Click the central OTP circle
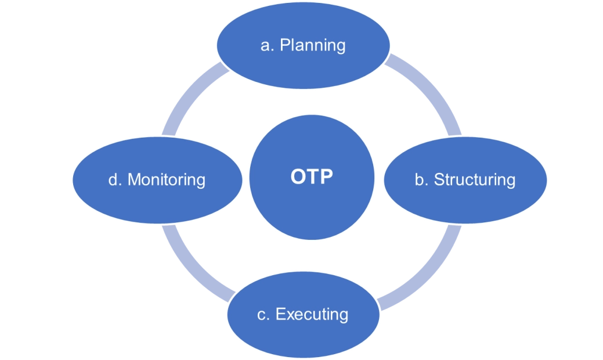[x=312, y=203]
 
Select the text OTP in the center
[x=312, y=177]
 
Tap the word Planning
[x=313, y=45]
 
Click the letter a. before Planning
[x=267, y=45]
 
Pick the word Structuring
[x=475, y=179]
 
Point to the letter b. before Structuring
[x=421, y=179]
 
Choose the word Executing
[x=312, y=314]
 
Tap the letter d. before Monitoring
[x=114, y=179]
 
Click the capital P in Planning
[x=285, y=45]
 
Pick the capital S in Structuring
[x=439, y=179]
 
